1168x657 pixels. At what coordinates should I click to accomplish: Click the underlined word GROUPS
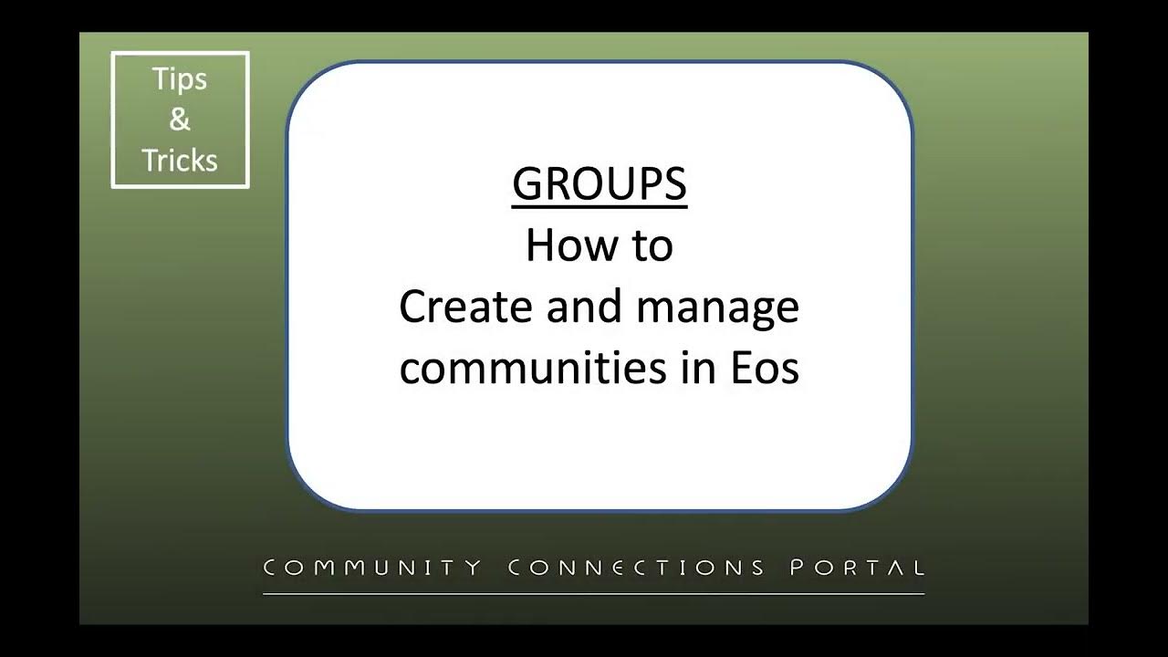point(599,184)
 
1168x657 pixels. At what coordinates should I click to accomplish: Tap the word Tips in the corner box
point(180,79)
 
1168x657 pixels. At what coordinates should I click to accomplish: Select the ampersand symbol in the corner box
point(180,120)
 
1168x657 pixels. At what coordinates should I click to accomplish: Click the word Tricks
point(180,161)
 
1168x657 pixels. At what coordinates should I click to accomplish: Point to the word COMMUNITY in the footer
point(372,568)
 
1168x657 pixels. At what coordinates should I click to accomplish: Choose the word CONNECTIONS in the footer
point(636,568)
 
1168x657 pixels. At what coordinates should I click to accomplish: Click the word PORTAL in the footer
point(857,568)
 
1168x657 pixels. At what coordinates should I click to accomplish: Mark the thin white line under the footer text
point(593,594)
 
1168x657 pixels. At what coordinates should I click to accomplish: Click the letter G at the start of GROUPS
point(528,184)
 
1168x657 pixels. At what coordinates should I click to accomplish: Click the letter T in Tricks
point(150,161)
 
